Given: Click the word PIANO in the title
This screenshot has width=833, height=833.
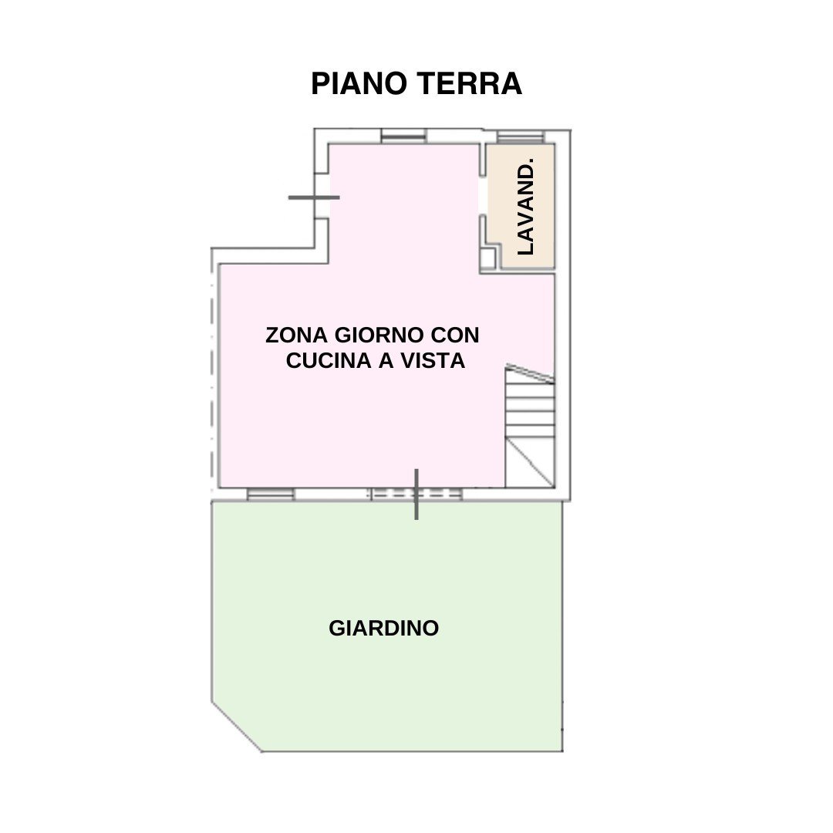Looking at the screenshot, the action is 359,83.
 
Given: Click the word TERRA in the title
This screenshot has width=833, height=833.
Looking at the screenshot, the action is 469,83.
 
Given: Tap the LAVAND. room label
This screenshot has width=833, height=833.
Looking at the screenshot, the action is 525,206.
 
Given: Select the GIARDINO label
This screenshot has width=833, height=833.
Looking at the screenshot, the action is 383,628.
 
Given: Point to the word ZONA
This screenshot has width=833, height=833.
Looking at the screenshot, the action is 296,336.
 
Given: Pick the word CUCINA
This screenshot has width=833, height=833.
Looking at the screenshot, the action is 329,361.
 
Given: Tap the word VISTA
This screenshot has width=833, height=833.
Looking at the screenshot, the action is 433,361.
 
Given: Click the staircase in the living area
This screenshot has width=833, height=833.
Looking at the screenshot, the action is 530,426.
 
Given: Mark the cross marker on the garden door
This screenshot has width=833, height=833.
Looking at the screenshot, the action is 416,494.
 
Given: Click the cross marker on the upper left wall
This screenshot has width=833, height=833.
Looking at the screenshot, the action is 314,197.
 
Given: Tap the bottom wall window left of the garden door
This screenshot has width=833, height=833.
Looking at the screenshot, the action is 271,494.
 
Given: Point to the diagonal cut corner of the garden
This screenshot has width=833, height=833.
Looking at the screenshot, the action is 237,727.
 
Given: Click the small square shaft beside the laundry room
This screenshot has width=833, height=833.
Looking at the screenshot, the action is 487,258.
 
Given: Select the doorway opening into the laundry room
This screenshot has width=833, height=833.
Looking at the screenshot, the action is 483,195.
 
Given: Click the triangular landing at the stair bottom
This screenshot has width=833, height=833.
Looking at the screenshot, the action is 530,463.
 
